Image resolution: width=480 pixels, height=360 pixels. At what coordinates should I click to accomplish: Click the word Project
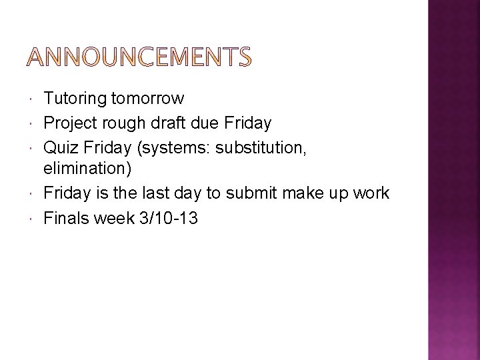[69, 123]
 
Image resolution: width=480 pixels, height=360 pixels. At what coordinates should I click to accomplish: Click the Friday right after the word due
[247, 123]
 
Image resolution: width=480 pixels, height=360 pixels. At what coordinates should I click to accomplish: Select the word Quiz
[59, 147]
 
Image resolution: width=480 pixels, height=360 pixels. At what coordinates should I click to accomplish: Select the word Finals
[66, 217]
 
